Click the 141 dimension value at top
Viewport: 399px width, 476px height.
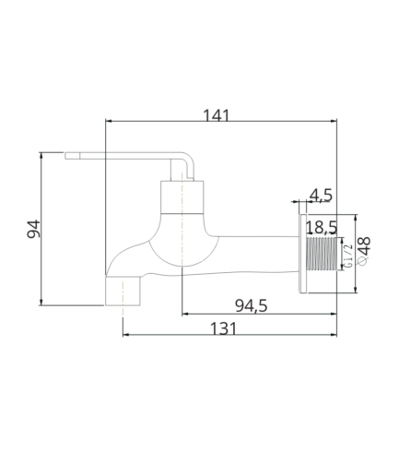(217, 115)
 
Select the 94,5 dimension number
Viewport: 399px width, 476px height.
(252, 306)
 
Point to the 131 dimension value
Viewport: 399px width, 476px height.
(223, 328)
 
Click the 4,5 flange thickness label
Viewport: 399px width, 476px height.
(321, 196)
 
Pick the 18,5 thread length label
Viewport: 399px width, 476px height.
(322, 228)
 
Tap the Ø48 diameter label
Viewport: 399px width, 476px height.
(364, 251)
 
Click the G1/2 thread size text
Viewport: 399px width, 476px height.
(348, 256)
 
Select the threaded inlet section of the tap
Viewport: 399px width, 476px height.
(322, 254)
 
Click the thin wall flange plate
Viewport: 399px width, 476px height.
(303, 254)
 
